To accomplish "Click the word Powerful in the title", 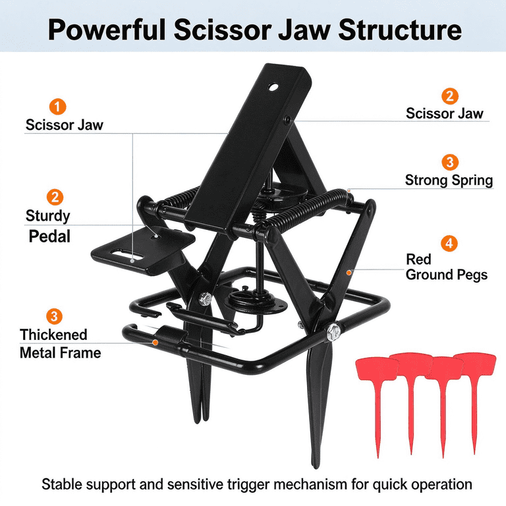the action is (107, 30).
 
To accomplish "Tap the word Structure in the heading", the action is (400, 30).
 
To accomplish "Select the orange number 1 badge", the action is (58, 107).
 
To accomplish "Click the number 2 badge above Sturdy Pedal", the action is (55, 197).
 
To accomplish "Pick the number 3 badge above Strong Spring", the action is (450, 162).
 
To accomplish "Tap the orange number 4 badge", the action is (449, 243).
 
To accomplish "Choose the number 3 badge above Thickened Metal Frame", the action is (54, 316).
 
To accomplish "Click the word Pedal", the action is (49, 237).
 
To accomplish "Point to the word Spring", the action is (472, 181).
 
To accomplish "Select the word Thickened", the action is (53, 335).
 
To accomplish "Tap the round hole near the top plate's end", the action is (273, 87).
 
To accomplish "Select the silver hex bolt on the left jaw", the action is (205, 299).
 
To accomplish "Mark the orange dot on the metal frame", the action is (155, 342).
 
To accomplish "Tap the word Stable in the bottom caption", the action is (62, 484).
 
